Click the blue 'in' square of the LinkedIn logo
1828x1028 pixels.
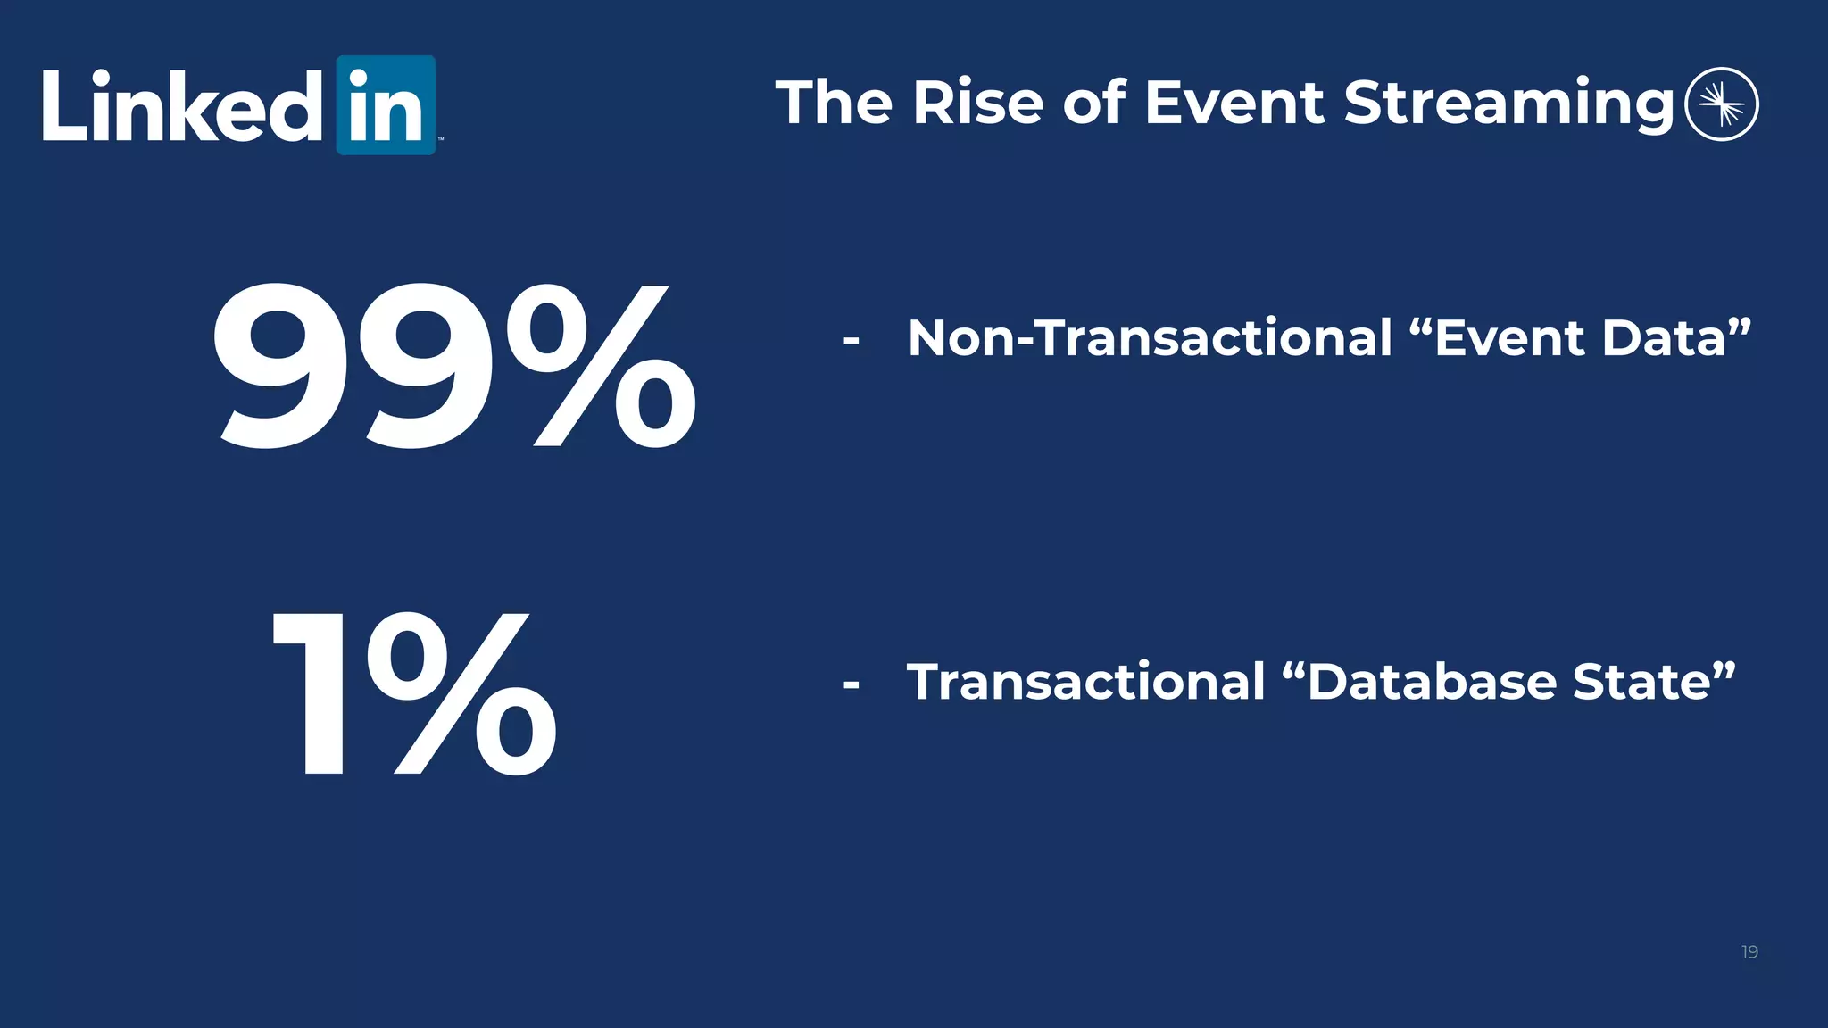[x=386, y=105]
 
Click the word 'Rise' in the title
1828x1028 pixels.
[x=977, y=103]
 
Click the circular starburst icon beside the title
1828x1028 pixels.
[x=1721, y=104]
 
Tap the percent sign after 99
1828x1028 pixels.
[x=601, y=366]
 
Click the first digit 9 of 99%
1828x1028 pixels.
[x=286, y=366]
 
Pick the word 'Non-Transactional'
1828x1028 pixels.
[x=1150, y=338]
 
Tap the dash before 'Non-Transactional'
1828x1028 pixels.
[x=851, y=341]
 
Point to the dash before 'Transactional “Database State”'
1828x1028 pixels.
[x=851, y=685]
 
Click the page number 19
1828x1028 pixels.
[x=1749, y=952]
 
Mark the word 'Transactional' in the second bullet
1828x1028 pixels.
[x=1086, y=682]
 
